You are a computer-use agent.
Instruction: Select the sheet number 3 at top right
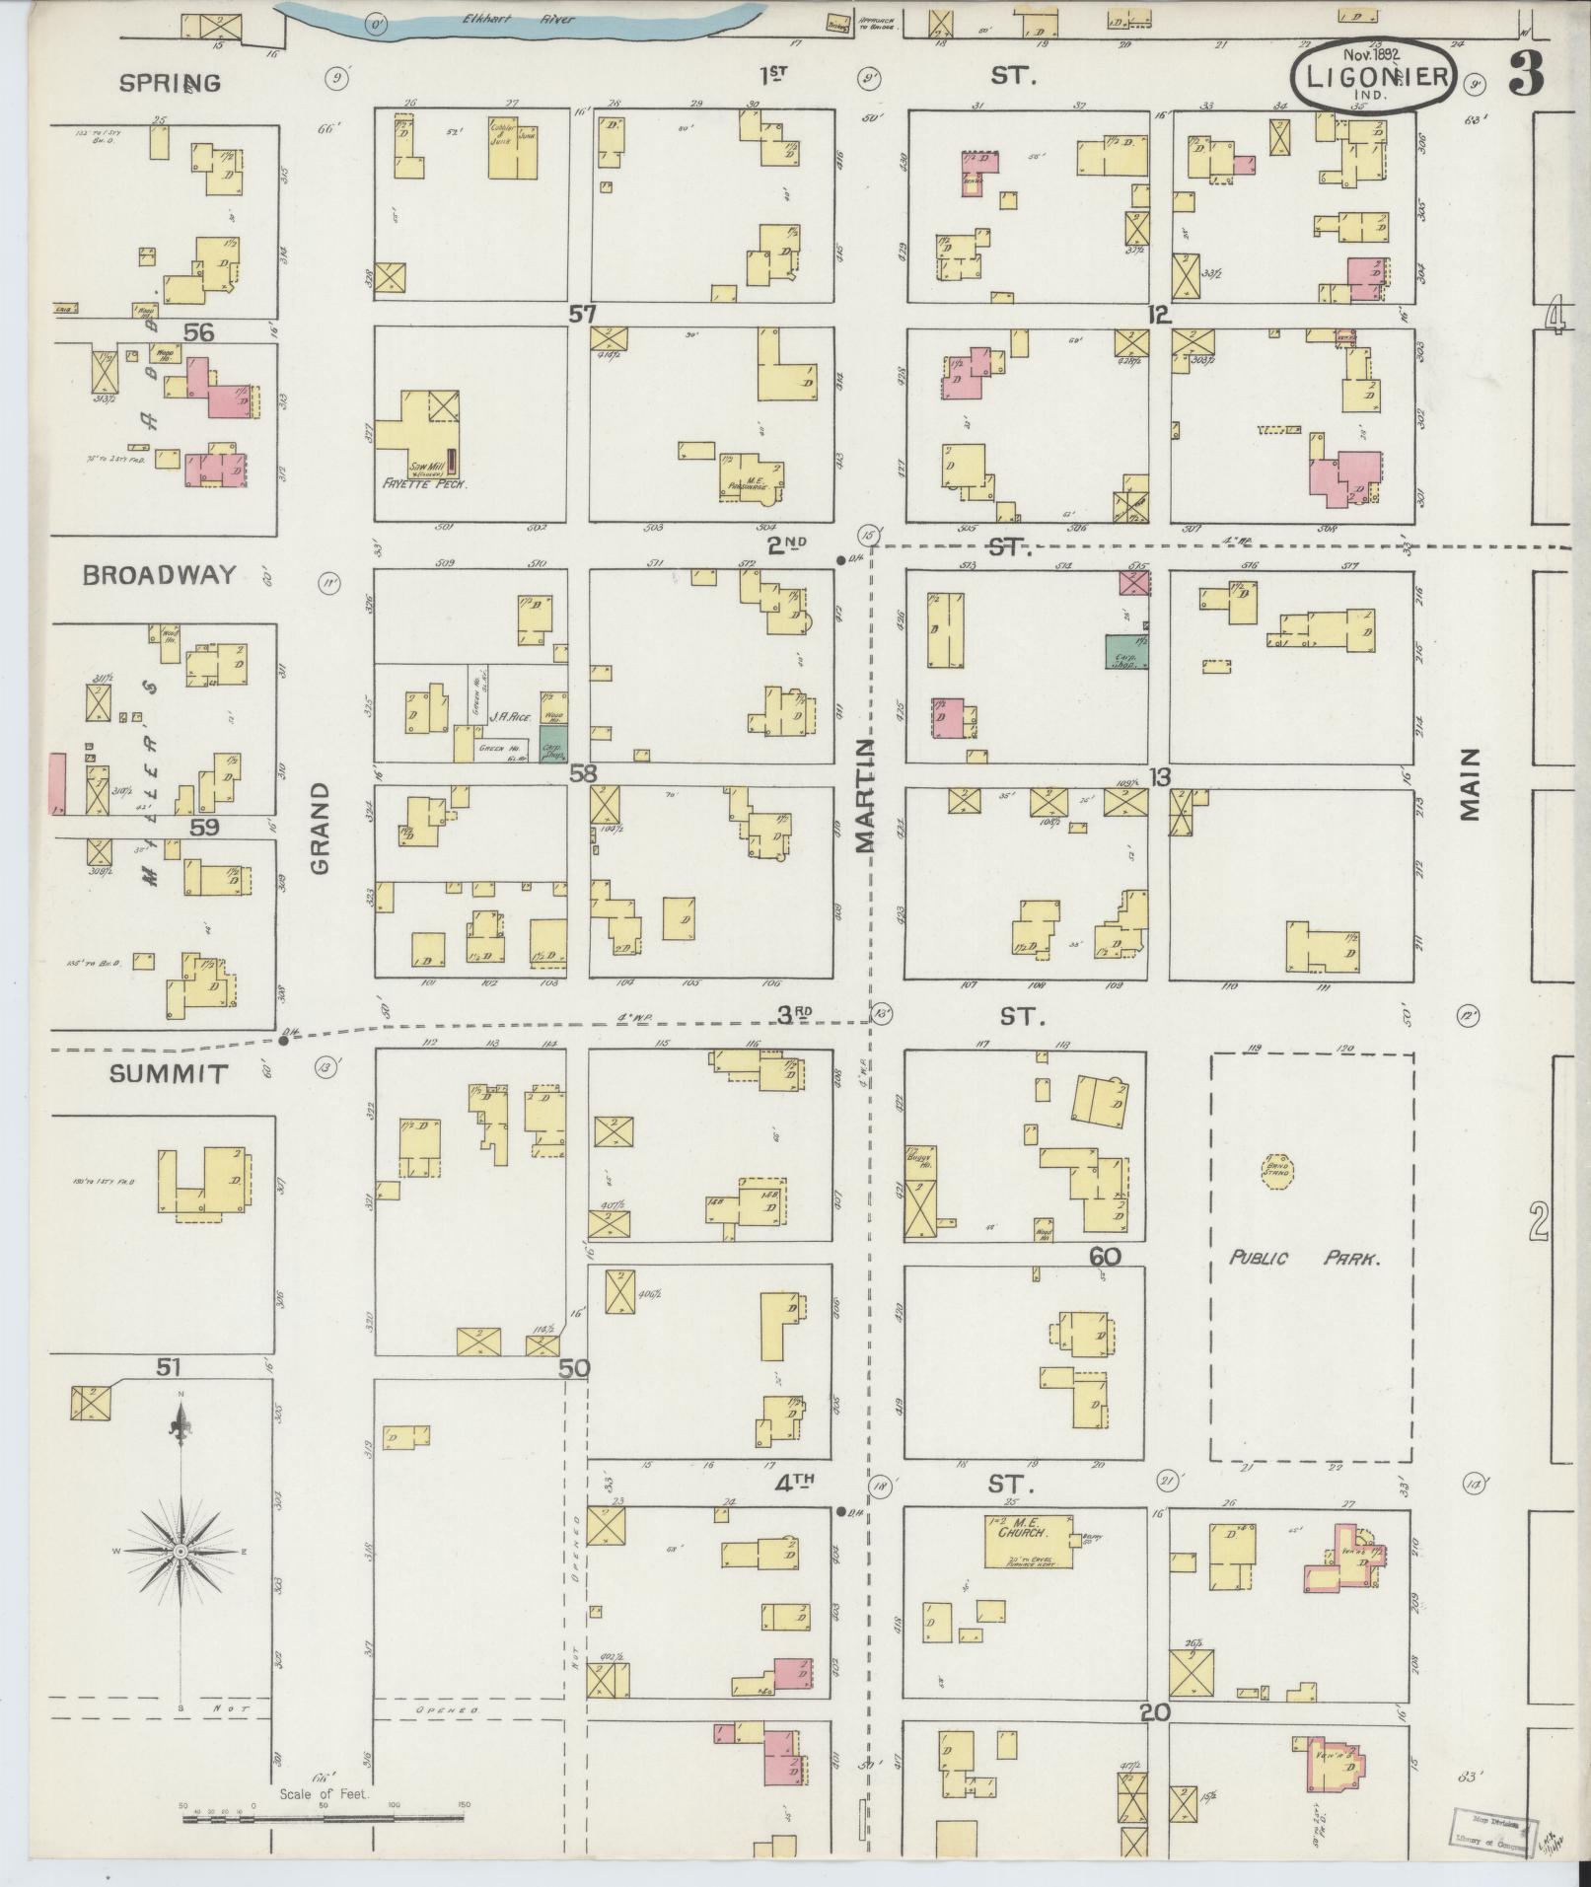[x=1525, y=77]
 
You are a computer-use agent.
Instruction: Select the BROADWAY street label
[x=159, y=576]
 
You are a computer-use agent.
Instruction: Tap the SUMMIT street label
[x=169, y=1074]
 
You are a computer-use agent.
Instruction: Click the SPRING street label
[x=169, y=83]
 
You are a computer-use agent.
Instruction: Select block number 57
[x=583, y=315]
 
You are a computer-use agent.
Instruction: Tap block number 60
[x=1106, y=1257]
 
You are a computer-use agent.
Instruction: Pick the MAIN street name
[x=1471, y=784]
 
